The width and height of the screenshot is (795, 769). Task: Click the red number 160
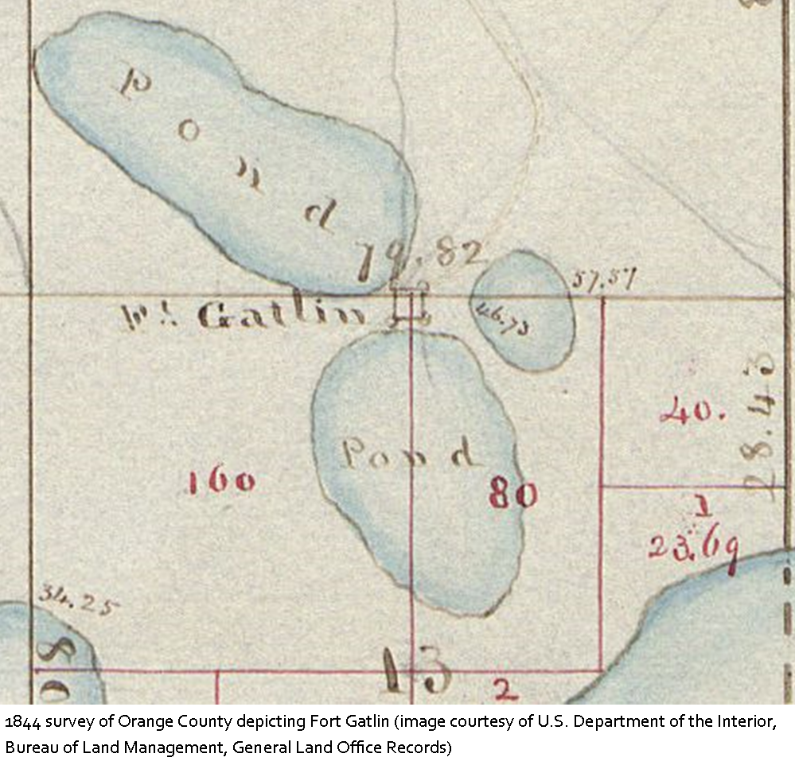tap(222, 480)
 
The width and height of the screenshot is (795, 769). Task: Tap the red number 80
tap(513, 495)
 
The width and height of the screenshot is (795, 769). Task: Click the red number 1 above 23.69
tap(702, 505)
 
